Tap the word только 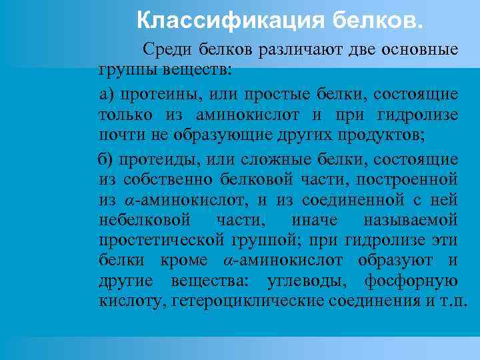pos(124,115)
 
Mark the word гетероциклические pos(249,300)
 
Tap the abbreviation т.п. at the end pos(455,300)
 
